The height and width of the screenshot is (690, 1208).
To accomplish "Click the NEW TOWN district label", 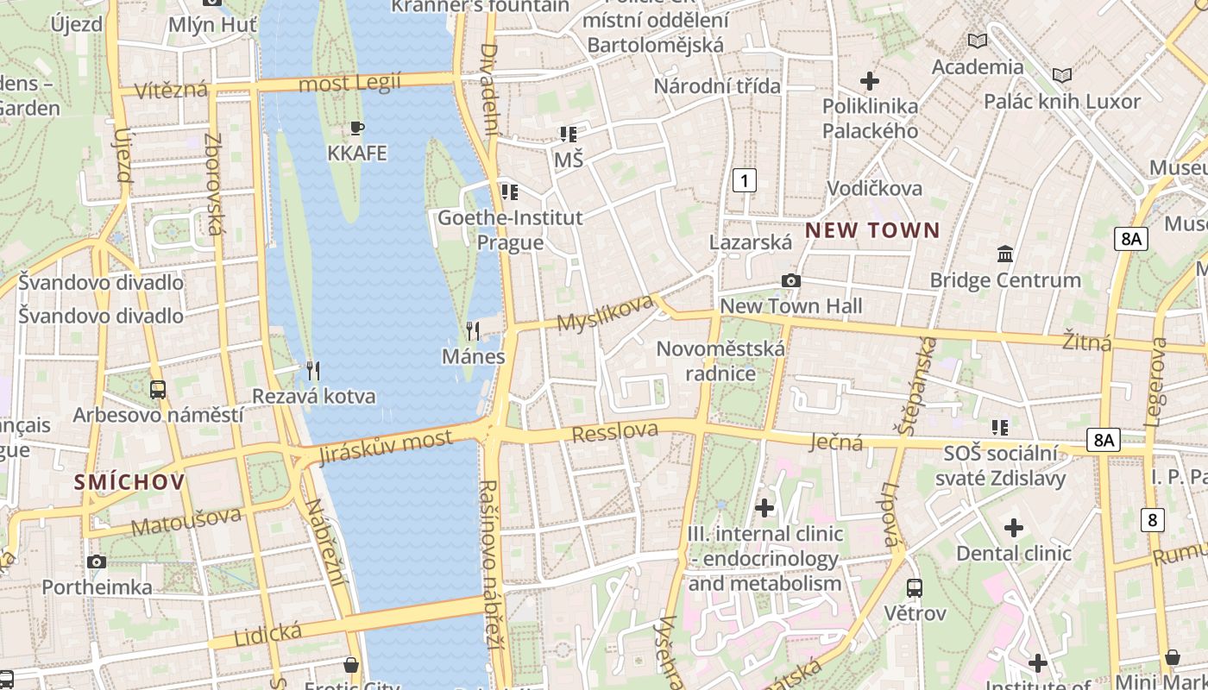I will coord(872,230).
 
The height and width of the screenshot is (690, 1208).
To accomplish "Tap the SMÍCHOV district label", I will coord(129,482).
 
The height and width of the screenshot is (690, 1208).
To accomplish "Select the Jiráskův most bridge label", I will coord(385,447).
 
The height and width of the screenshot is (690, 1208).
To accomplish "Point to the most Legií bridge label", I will coord(349,83).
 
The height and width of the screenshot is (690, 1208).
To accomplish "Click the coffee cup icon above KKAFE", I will coord(356,129).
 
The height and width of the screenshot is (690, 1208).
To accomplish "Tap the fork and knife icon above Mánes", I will coord(473,330).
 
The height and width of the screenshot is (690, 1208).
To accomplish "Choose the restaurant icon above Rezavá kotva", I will coord(313,371).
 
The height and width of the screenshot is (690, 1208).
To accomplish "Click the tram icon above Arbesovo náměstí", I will coord(158,389).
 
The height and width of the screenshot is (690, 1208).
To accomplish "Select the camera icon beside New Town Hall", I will coord(790,280).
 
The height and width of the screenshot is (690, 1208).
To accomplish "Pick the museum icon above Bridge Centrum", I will coord(1005,254).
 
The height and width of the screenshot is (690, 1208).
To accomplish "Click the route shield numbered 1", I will coord(744,180).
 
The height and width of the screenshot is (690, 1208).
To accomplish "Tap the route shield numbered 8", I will coord(1153,520).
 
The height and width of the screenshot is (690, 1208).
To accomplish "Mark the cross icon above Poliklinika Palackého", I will coord(870,81).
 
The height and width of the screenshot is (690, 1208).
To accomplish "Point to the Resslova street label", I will coord(615,431).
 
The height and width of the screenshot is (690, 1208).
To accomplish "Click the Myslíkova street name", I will coord(605,313).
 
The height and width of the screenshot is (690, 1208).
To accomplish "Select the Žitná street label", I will coord(1087,341).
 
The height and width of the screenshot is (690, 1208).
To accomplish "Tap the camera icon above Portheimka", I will coord(97,562).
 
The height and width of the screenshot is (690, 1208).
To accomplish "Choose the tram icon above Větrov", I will coord(915,588).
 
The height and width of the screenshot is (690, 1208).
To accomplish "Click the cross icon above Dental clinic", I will coord(1014,527).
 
